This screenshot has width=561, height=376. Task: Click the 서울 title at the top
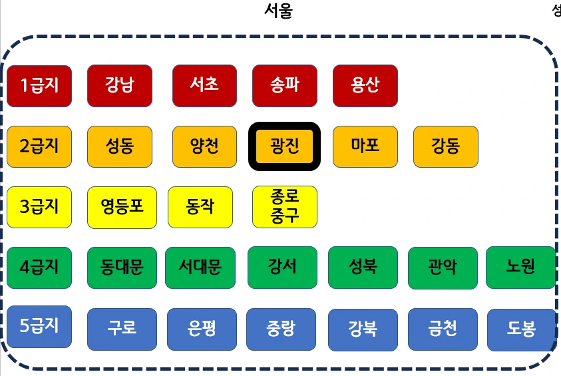coord(278,11)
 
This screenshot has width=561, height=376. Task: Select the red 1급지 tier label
coord(39,86)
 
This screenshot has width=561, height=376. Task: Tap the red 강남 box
coord(120,85)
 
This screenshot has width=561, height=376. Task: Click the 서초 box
coord(204,85)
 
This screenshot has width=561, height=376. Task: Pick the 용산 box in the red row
coord(365,85)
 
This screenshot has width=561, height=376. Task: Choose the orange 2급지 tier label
coord(39,146)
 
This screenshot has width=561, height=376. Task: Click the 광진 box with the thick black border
coord(284,146)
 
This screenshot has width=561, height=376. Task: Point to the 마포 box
coord(365,146)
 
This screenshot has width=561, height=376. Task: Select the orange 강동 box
coord(445,146)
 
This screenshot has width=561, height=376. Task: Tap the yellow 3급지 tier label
coord(39,207)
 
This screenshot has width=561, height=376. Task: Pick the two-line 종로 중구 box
coord(285,206)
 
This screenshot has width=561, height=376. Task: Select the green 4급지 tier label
coord(39,268)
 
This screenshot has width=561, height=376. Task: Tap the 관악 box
coord(443,268)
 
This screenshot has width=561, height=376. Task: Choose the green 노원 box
coord(520,268)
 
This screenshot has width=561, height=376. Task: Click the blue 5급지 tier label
coord(39,327)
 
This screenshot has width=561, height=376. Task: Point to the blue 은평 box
coord(201,329)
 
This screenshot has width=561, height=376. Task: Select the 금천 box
coord(443,329)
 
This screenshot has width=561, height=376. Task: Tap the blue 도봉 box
coord(521,329)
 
